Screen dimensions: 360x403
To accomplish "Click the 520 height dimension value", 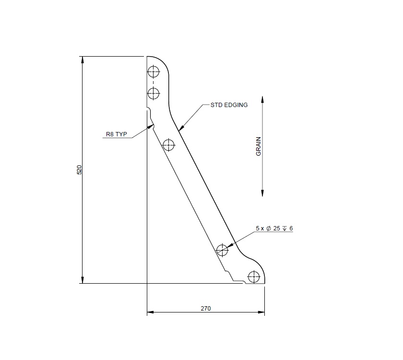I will (80, 169).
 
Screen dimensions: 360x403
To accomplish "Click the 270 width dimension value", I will (205, 308).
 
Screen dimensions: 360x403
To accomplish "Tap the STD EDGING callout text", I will (229, 105).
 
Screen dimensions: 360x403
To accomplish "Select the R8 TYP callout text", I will (116, 134).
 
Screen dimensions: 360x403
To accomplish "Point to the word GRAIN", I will (258, 146).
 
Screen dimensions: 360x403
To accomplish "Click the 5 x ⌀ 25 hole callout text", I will (274, 228).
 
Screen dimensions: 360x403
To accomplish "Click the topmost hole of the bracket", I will (153, 72).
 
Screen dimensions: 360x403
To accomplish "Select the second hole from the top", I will (153, 93).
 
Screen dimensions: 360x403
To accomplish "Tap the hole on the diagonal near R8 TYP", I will (168, 144).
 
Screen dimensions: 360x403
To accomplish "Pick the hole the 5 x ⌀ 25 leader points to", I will (222, 250).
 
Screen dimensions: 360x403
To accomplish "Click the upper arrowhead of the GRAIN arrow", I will (262, 99).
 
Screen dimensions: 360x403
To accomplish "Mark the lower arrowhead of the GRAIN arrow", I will (262, 193).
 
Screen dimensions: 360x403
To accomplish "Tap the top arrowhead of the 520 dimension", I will (83, 60).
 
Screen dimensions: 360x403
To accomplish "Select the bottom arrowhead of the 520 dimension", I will (83, 280).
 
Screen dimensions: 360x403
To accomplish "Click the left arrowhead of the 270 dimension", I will (150, 312).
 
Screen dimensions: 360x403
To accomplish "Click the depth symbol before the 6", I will (284, 228).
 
